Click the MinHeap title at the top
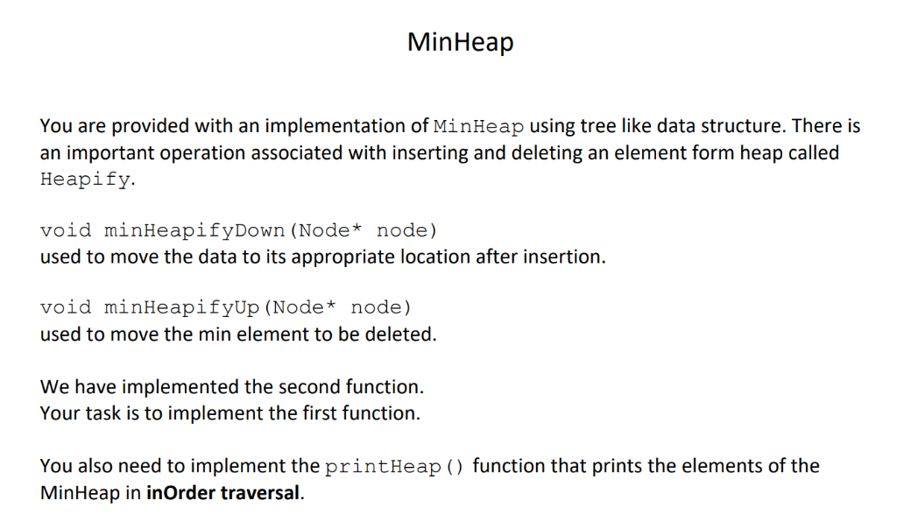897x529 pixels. pos(460,41)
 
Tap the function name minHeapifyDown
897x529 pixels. pos(194,230)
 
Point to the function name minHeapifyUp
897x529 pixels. pos(181,307)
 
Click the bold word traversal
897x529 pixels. pos(260,492)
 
